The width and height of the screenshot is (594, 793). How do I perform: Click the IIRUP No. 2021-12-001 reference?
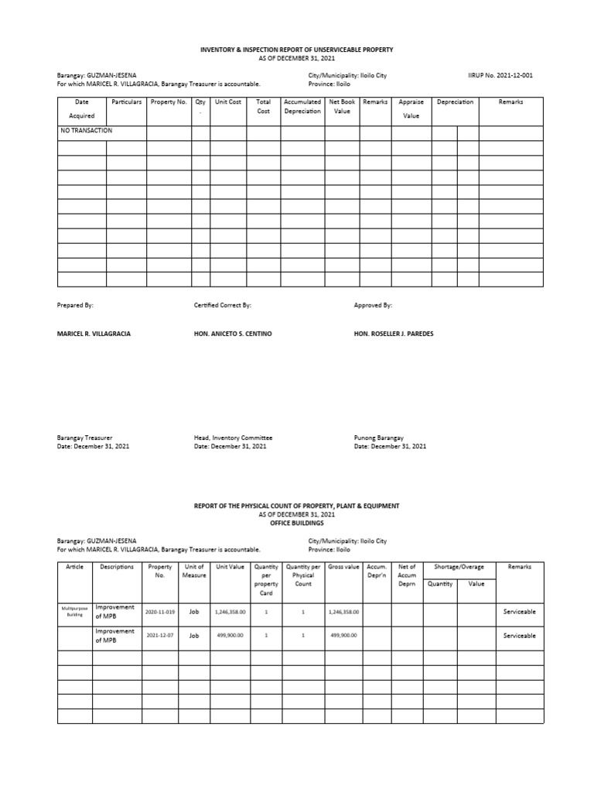point(500,75)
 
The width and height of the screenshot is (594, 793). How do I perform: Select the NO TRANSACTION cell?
point(86,131)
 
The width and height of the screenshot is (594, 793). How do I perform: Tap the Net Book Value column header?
point(342,106)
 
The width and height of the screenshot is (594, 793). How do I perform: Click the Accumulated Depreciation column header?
point(302,106)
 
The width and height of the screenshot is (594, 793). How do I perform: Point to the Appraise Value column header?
point(411,108)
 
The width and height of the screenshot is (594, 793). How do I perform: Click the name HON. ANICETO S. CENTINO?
point(233,333)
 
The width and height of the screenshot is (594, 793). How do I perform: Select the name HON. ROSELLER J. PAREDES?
point(394,333)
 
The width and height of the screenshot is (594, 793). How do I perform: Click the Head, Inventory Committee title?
point(233,438)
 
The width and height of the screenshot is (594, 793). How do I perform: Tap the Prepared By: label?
point(75,306)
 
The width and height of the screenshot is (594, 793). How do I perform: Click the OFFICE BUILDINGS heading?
point(297,523)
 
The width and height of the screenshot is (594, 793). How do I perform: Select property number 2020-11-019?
point(160,612)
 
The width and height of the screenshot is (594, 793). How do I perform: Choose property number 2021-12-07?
point(160,636)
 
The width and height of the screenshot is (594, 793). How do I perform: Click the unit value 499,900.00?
point(230,636)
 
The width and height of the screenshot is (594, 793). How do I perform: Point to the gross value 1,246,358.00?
point(343,612)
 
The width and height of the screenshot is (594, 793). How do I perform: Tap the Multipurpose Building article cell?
point(75,612)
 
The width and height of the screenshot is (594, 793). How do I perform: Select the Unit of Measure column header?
point(194,572)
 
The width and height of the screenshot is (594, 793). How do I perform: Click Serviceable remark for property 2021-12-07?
point(519,636)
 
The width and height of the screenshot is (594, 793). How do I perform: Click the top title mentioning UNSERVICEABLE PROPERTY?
point(297,50)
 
